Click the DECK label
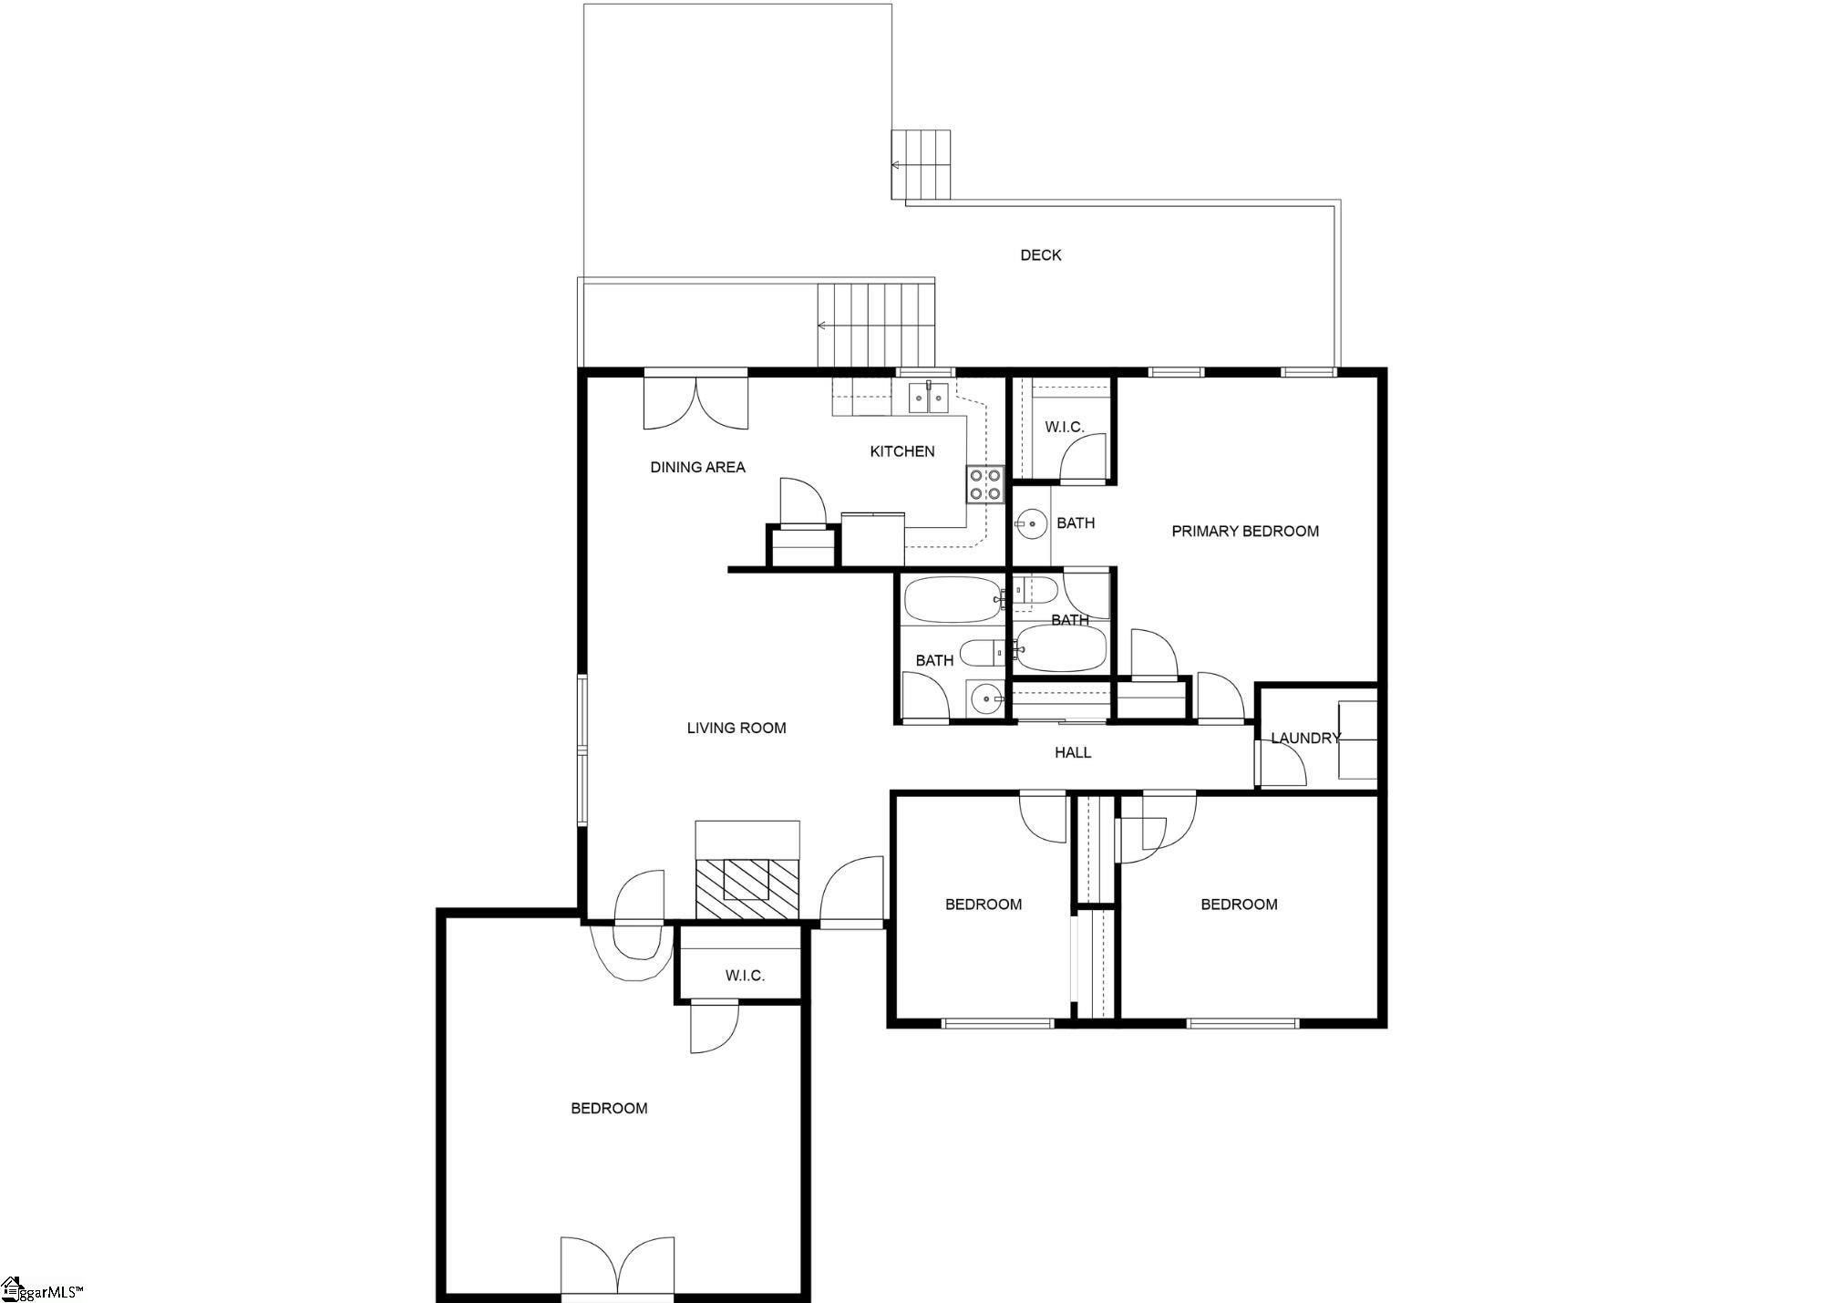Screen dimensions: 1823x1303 pos(1040,255)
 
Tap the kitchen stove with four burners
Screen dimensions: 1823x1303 pos(984,484)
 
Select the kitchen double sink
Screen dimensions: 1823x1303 pos(930,398)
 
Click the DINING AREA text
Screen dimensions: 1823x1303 pos(697,467)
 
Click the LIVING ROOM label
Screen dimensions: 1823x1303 pos(736,728)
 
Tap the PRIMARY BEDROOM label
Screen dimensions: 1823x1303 pos(1245,531)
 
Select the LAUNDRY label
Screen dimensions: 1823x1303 pos(1305,739)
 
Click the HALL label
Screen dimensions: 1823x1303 pos(1073,752)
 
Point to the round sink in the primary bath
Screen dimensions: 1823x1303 pos(1031,523)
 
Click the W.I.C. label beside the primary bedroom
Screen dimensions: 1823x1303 pos(1064,427)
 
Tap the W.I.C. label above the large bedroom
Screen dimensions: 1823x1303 pos(745,976)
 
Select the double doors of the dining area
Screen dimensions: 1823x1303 pos(696,401)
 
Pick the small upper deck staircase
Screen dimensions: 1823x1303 pos(921,165)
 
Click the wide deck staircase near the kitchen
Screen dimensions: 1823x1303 pos(877,325)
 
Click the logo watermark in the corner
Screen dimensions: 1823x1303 pos(42,1290)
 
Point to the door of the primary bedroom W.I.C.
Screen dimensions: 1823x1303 pos(1084,457)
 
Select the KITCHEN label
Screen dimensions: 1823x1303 pos(902,451)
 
